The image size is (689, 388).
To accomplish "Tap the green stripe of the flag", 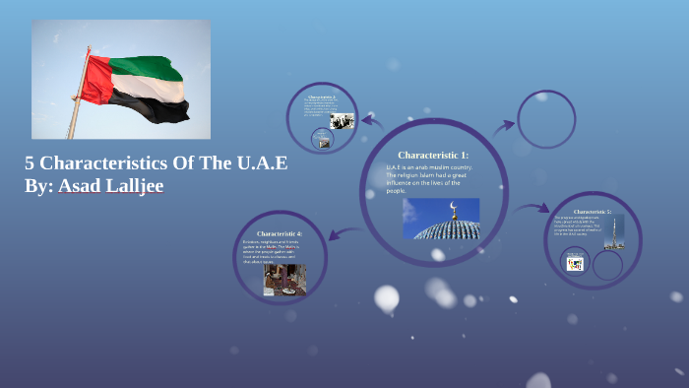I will pos(148,68).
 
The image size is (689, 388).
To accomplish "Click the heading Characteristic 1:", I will pos(433,156).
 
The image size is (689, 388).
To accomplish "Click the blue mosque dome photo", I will pos(441,219).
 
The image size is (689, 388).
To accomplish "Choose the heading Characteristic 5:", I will pos(592,212).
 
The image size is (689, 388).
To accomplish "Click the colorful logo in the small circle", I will pos(576,263).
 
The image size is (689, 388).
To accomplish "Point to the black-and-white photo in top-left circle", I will pos(342,121).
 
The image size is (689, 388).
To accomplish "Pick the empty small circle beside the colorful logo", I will pos(607,264).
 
